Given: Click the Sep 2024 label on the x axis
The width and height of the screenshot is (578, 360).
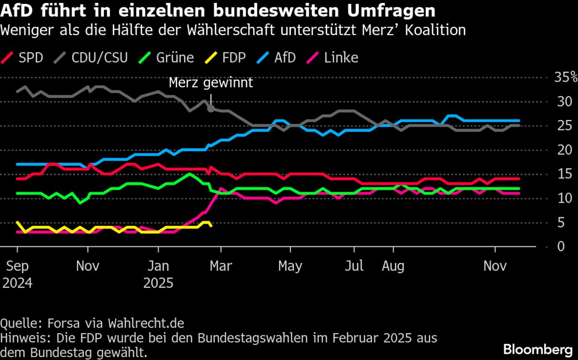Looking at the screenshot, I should (x=17, y=274).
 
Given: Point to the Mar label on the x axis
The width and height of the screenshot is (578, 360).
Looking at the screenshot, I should (x=221, y=266).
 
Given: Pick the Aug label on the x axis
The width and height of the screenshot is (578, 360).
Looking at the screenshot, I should (x=394, y=266).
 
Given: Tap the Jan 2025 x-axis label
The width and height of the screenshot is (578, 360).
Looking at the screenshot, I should (x=158, y=274).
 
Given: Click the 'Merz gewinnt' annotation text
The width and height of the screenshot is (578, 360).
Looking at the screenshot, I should (x=210, y=83).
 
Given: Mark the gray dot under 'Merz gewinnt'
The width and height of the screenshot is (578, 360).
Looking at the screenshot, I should (x=210, y=109).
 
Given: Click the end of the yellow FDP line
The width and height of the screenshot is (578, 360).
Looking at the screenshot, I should (x=211, y=226).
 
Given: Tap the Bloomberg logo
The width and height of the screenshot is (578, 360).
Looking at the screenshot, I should (x=538, y=348).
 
